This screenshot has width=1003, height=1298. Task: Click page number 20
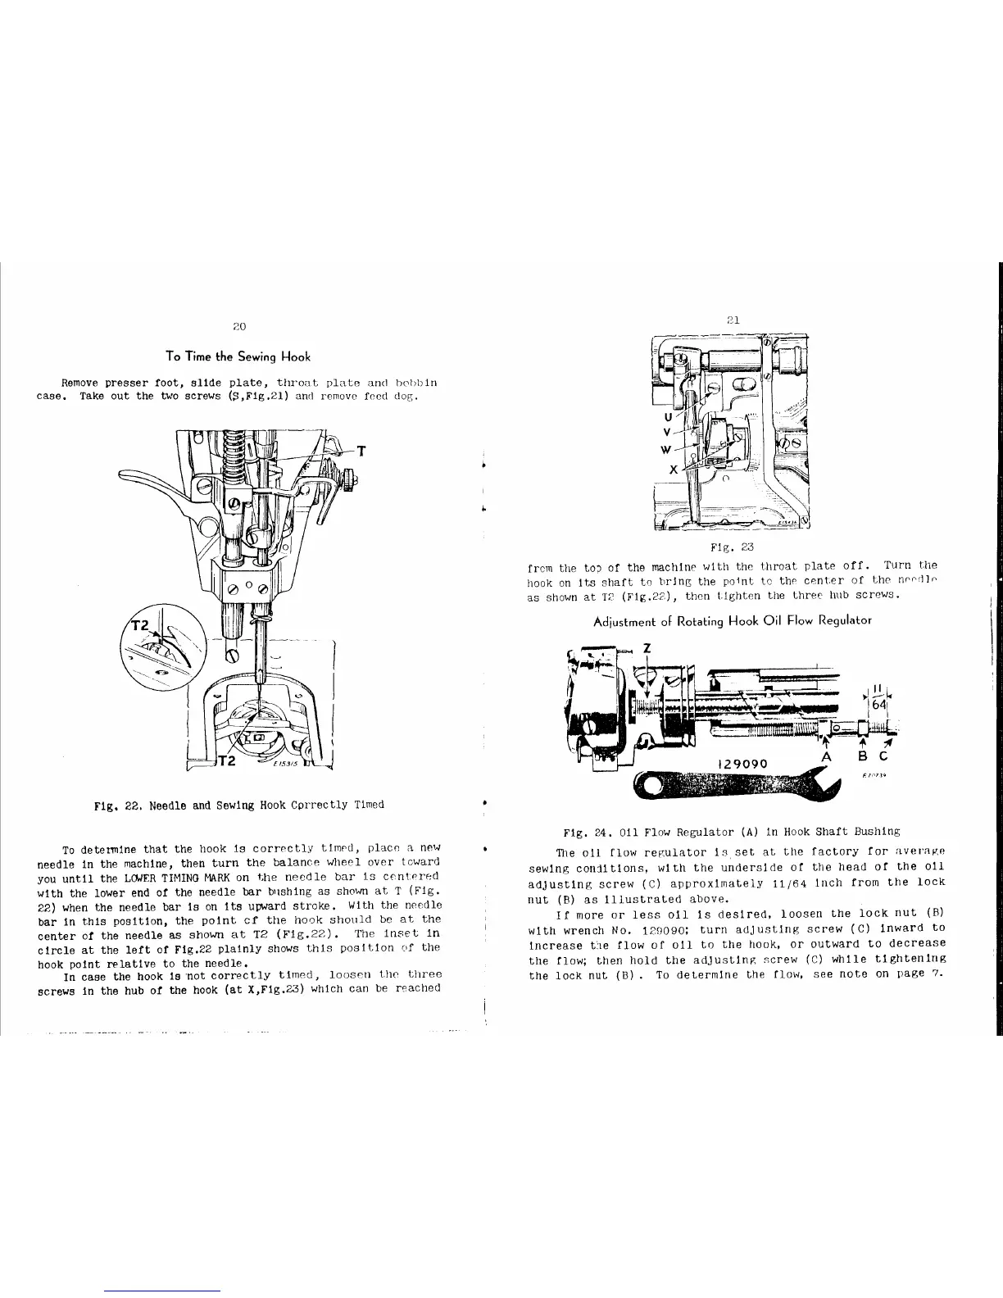(x=238, y=326)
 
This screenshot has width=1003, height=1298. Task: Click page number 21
(x=733, y=320)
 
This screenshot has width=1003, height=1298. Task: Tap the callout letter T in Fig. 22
(x=361, y=451)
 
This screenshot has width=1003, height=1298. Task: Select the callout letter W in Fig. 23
(x=666, y=449)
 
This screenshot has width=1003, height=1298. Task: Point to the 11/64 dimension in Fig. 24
(x=878, y=698)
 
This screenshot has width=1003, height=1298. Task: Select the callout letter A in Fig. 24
(x=828, y=756)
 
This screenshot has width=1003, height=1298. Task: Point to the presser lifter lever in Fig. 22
(x=156, y=485)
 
